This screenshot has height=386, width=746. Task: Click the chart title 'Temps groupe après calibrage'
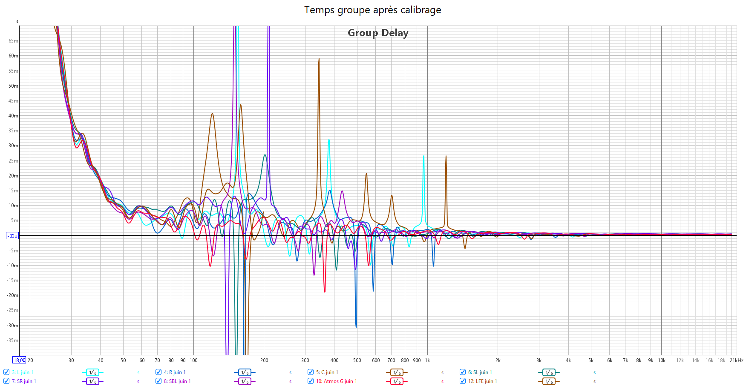tap(372, 10)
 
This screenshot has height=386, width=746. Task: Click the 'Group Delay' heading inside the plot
tap(378, 33)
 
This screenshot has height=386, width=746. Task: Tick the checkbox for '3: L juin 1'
tap(6, 372)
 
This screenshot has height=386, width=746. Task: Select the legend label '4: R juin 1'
tap(175, 372)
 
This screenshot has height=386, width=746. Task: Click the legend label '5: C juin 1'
tap(327, 372)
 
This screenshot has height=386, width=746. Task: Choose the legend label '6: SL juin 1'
tap(480, 372)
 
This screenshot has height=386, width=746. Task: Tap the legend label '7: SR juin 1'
tap(24, 381)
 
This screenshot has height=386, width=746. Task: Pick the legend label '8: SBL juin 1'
tap(177, 381)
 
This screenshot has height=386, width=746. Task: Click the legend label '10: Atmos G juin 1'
tap(336, 381)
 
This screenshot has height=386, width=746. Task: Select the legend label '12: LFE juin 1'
tap(482, 381)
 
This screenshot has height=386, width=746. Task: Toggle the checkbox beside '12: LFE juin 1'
tap(463, 381)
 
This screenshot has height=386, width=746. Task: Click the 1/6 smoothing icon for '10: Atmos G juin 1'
tap(397, 381)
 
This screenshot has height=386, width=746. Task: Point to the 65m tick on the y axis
tap(13, 41)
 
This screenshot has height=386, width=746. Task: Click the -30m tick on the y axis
tap(13, 326)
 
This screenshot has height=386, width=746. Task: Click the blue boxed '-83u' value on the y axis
tap(12, 236)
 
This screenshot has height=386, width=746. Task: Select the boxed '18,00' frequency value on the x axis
tap(19, 360)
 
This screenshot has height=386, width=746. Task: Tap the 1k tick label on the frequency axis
tap(427, 360)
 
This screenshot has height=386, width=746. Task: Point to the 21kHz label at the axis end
tap(736, 360)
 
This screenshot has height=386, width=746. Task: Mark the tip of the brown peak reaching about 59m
tap(319, 59)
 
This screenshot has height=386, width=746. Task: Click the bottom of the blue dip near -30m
tap(356, 327)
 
